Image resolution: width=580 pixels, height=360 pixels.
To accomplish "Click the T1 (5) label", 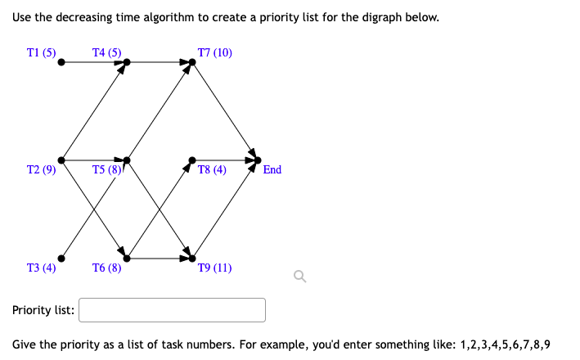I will (x=41, y=53).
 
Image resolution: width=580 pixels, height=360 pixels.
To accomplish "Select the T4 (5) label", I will (x=107, y=53).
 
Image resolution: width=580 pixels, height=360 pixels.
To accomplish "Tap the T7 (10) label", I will (x=215, y=53).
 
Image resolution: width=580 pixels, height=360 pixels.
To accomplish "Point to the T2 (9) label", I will (x=41, y=169).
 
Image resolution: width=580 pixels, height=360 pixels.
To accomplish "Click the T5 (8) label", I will (x=107, y=169).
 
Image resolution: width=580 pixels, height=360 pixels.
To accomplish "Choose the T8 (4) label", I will (x=212, y=169).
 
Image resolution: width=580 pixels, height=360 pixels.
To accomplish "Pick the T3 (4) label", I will (x=41, y=268).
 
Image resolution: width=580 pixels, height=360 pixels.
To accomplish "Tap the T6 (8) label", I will (x=107, y=268).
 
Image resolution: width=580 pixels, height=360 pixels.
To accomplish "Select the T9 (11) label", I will (x=215, y=268).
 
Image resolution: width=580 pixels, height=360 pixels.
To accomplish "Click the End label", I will (x=272, y=169).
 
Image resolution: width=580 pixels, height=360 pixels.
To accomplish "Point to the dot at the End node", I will (x=258, y=160).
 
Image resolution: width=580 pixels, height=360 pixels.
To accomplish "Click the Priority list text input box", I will (x=172, y=310).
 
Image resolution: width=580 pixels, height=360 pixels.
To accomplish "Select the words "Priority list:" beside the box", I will (x=43, y=311).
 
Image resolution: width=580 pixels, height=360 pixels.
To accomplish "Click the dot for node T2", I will (x=61, y=160).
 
